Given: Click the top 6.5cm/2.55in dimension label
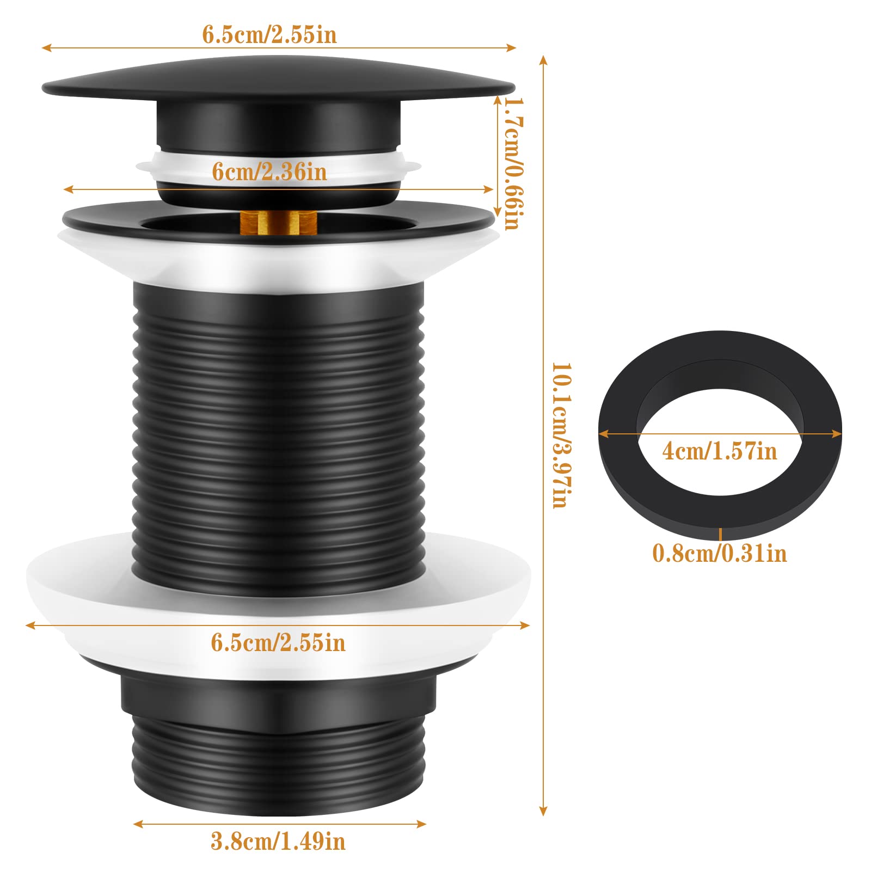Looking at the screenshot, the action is (269, 35).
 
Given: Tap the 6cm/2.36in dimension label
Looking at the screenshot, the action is (269, 172).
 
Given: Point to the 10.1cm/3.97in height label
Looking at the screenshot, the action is (561, 436).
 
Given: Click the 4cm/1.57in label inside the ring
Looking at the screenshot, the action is (720, 451).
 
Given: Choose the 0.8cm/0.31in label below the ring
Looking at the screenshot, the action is (720, 554).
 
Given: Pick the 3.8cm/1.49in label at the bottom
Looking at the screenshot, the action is (278, 841).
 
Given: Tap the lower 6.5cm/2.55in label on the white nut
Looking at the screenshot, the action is (278, 643).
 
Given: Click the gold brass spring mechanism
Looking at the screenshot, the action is (278, 222).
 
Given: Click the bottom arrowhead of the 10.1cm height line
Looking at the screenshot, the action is (543, 812).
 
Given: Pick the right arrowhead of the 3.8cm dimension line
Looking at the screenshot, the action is (422, 824).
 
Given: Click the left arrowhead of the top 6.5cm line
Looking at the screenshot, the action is (47, 48).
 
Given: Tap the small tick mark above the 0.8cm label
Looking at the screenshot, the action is (720, 534).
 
